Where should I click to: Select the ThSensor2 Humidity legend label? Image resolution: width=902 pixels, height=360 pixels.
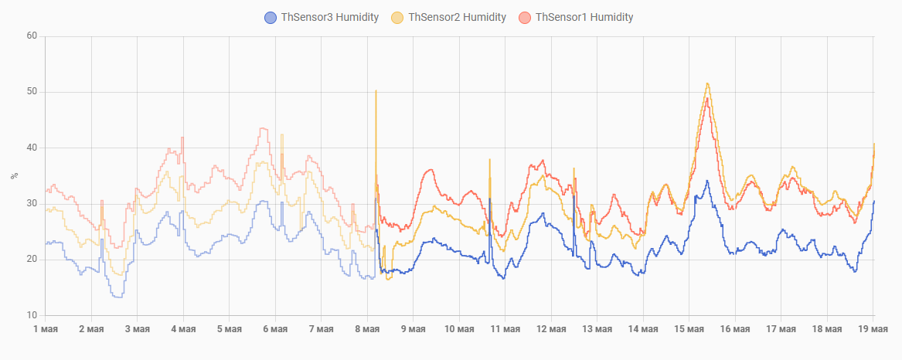[x=457, y=17]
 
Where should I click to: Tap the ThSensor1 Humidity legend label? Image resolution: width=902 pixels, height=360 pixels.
[x=584, y=17]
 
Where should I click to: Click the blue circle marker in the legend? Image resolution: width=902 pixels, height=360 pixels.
[x=271, y=17]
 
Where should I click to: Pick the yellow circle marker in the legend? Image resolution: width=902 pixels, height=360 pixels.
[x=398, y=17]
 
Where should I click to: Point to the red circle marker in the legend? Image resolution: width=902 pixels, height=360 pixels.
[x=526, y=17]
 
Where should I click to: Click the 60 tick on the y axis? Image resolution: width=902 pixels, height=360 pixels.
[x=32, y=36]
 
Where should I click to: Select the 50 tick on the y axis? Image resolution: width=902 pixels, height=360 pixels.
[x=32, y=92]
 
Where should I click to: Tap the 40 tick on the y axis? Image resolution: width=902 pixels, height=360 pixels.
[x=32, y=148]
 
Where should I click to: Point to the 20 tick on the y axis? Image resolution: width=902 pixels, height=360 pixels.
[x=32, y=259]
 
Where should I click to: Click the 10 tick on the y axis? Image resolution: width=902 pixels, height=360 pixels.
[x=32, y=315]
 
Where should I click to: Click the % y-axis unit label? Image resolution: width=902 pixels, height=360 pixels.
[x=13, y=176]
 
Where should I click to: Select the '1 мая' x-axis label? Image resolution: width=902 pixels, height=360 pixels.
[x=45, y=329]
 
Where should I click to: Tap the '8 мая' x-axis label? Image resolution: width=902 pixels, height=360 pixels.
[x=367, y=329]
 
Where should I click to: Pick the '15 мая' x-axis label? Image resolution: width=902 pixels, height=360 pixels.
[x=689, y=329]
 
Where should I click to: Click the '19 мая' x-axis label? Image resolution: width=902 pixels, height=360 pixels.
[x=873, y=329]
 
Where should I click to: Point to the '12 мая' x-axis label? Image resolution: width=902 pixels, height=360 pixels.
[x=551, y=329]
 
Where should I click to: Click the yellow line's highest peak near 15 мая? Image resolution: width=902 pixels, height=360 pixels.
[x=707, y=83]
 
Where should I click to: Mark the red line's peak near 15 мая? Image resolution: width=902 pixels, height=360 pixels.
[x=707, y=98]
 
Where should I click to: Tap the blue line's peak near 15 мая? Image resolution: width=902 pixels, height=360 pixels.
[x=707, y=181]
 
